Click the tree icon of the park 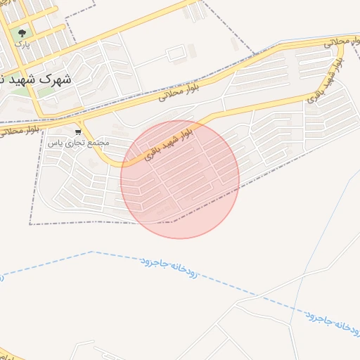(23, 33)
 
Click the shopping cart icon (79, 131)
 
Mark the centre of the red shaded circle (180, 179)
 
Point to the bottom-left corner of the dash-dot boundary (30, 224)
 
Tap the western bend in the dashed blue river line (92, 252)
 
